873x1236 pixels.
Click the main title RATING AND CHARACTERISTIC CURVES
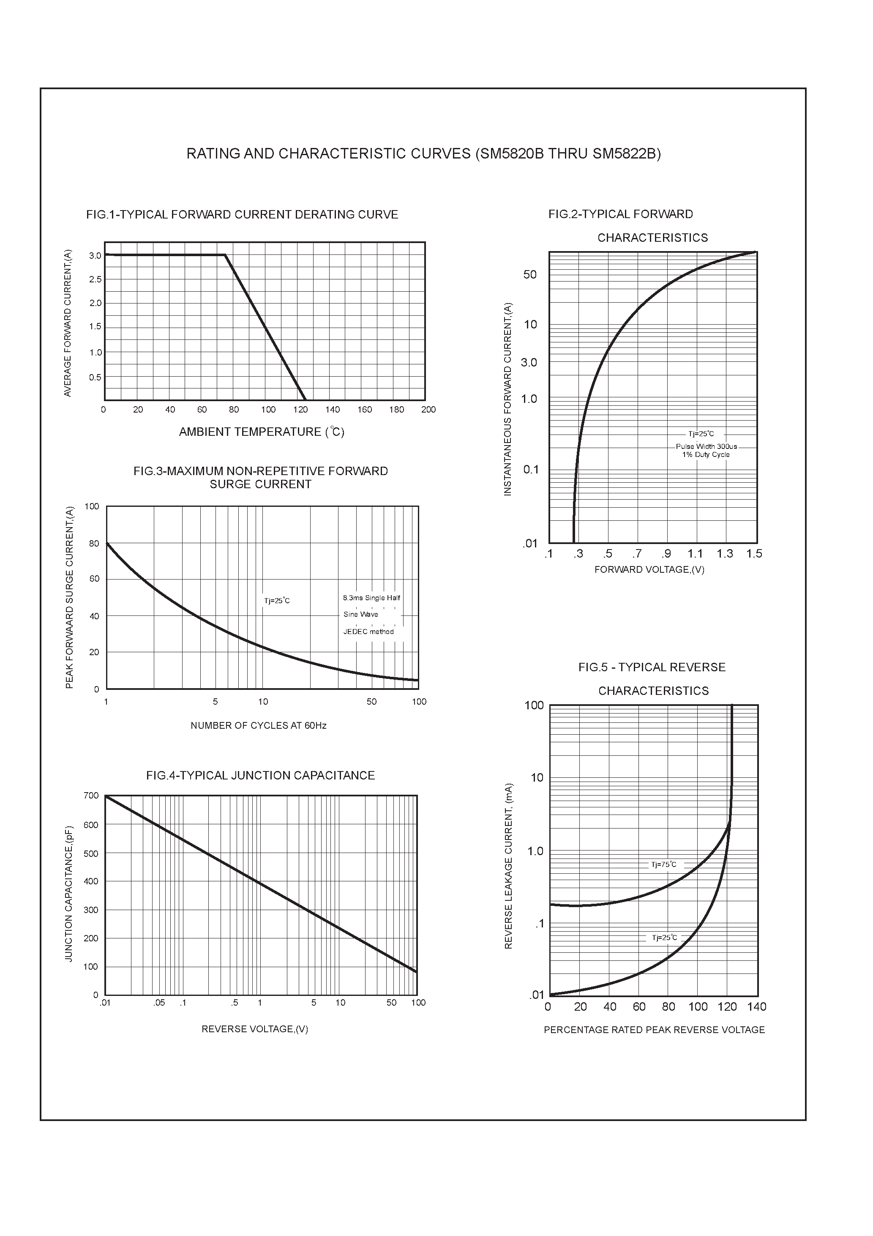(423, 154)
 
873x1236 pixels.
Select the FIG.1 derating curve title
(242, 215)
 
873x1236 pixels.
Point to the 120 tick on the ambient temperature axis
(300, 410)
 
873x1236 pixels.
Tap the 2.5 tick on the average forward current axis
(95, 279)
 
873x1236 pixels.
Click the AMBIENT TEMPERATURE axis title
(262, 432)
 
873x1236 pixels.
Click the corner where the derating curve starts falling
(225, 255)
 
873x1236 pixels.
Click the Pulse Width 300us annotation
(706, 446)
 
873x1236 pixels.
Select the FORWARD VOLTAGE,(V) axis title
(649, 569)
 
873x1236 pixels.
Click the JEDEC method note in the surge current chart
(369, 632)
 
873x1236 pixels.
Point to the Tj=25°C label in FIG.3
(277, 601)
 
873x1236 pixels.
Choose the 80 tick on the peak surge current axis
(94, 544)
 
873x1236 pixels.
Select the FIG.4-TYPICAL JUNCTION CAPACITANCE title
(260, 775)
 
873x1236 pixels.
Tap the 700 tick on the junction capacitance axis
(92, 796)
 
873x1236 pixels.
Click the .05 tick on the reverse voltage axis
(159, 1002)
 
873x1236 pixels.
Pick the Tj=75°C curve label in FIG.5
(664, 864)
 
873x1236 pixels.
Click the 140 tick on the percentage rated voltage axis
(756, 1006)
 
